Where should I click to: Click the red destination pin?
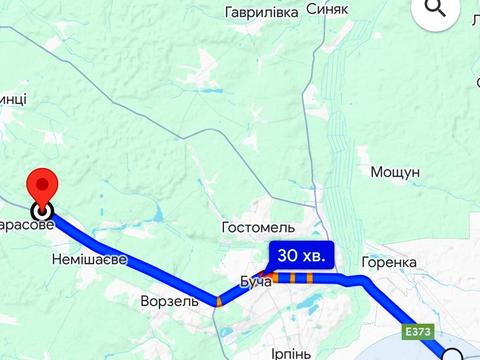click(x=43, y=185)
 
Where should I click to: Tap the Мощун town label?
click(x=395, y=172)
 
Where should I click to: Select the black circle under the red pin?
click(x=42, y=211)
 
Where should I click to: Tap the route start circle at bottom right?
click(x=452, y=355)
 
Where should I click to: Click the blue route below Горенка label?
click(x=376, y=290)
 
